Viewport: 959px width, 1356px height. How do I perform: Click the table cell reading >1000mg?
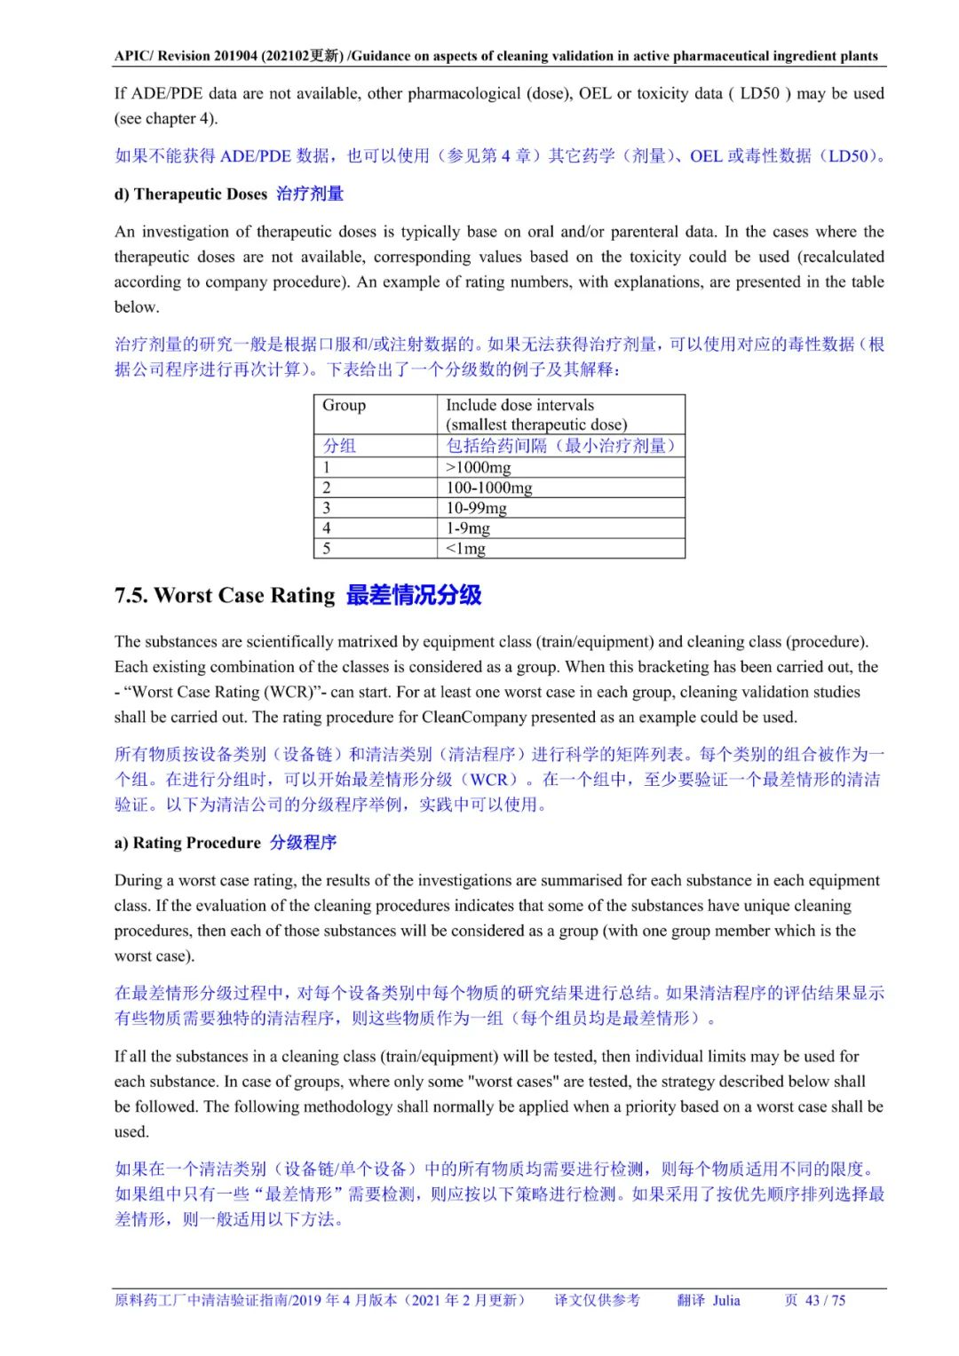tap(479, 467)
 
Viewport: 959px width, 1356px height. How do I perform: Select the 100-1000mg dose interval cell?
tap(489, 488)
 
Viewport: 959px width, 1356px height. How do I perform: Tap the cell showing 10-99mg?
tap(476, 508)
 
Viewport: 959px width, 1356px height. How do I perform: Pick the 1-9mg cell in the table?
tap(468, 528)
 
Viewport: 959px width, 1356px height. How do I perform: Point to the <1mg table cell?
tap(466, 549)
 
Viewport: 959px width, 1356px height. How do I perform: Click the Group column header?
tap(344, 405)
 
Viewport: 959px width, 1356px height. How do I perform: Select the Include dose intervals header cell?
tap(519, 405)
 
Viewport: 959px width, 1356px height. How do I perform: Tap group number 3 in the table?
tap(327, 508)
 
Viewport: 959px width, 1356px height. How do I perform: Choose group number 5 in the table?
tap(327, 549)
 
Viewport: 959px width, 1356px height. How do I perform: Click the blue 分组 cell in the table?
tap(339, 446)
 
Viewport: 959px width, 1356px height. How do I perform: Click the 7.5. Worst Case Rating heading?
tap(225, 595)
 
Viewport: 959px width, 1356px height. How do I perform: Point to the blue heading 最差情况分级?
tap(414, 595)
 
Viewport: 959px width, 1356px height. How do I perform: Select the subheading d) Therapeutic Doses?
tap(191, 194)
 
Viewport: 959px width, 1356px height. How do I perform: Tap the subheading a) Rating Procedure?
tap(187, 843)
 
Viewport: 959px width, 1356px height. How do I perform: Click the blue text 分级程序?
tap(304, 843)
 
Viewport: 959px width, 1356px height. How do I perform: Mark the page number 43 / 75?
tap(825, 1300)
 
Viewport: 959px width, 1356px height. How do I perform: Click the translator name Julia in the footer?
tap(725, 1300)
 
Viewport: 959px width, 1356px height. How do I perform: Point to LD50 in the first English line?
tap(759, 93)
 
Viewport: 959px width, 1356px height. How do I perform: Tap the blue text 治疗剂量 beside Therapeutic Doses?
tap(310, 194)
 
